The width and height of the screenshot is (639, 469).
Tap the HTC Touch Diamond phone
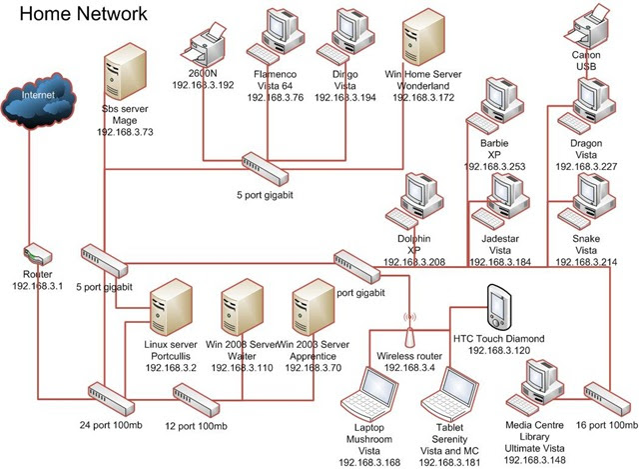click(498, 306)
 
